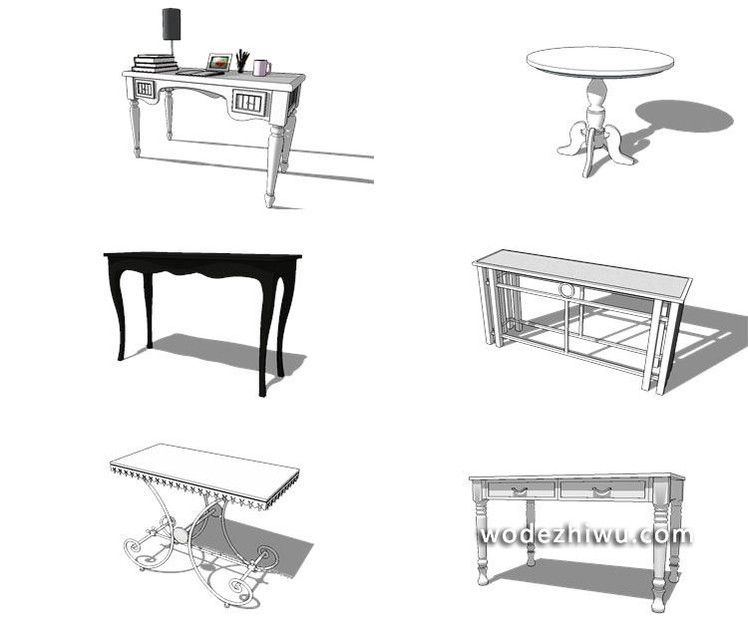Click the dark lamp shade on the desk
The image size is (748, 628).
point(172,24)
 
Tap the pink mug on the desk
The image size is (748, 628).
point(261,68)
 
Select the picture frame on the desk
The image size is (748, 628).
point(219,62)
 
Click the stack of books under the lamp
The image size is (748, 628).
point(155,64)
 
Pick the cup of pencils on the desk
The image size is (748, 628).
point(242,61)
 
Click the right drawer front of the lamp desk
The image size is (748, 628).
point(248,103)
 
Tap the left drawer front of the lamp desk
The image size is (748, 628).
point(145,89)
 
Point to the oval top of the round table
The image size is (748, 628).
point(600,62)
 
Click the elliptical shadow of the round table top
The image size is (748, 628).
point(684,116)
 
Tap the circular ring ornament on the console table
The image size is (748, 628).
point(567,289)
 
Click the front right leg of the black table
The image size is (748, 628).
point(264,334)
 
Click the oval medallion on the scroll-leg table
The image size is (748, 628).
point(182,535)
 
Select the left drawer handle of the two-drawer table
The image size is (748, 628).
point(520,489)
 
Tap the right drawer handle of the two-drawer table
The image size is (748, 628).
point(601,490)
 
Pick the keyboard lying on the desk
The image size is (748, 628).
point(199,73)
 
